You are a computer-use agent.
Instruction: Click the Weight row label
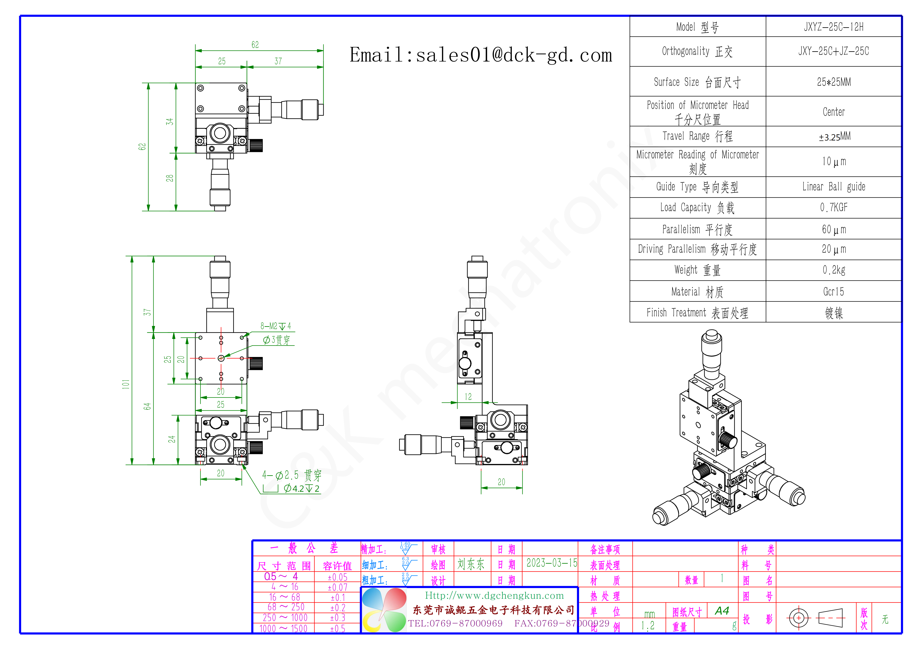click(697, 270)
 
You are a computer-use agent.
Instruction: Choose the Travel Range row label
click(697, 136)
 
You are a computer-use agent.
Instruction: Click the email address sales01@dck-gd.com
click(481, 55)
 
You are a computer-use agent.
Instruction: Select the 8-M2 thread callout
click(275, 326)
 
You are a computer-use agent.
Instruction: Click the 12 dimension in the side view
click(468, 397)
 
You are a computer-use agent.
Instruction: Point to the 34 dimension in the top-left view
click(170, 121)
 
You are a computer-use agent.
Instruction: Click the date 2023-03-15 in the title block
click(552, 563)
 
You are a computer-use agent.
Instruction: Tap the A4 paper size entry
click(722, 611)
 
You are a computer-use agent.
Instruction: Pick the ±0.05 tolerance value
click(337, 577)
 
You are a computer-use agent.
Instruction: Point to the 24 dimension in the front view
click(172, 439)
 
